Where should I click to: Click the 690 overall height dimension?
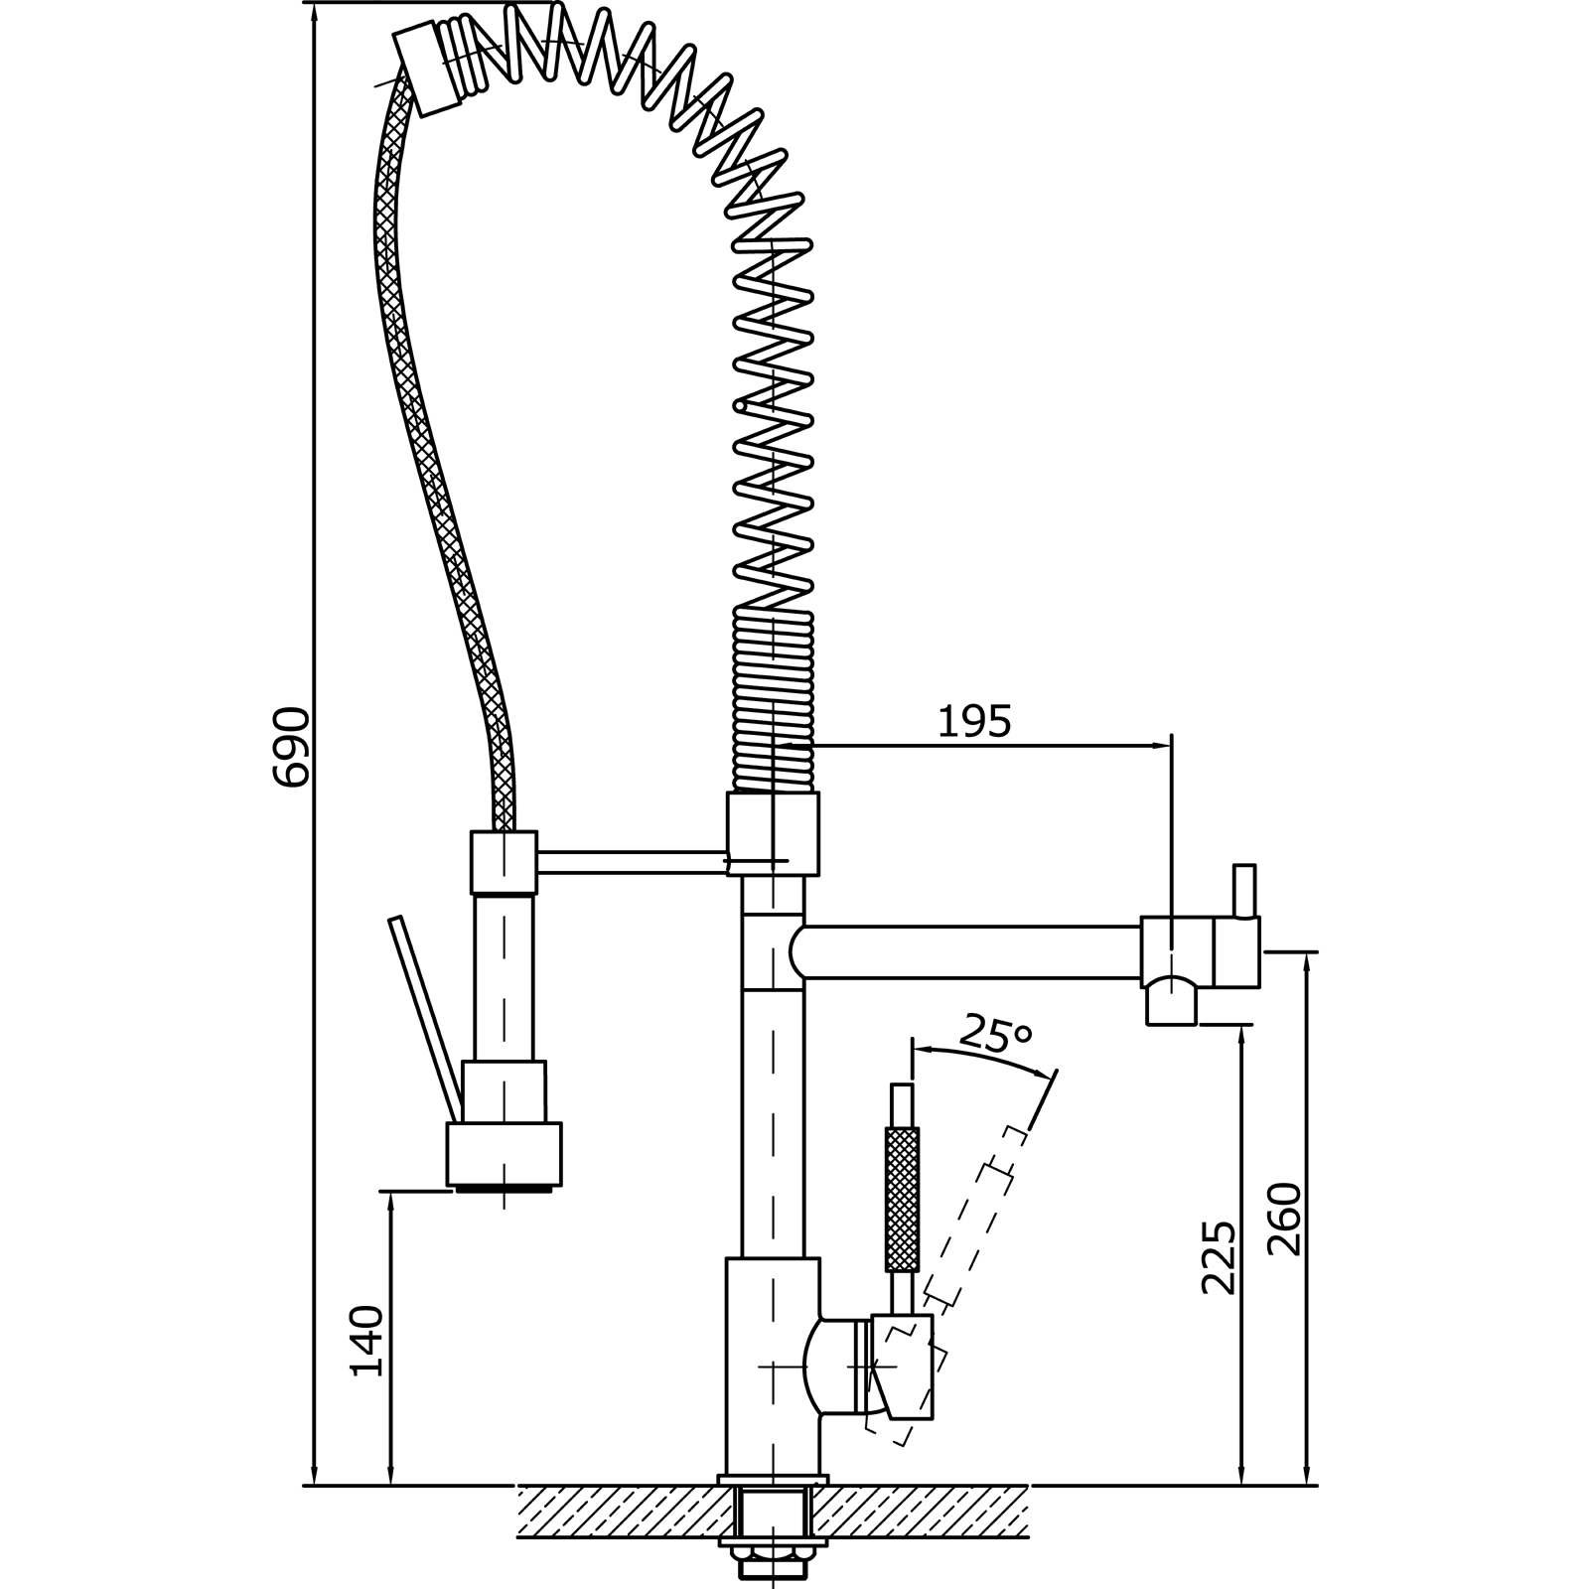pos(291,746)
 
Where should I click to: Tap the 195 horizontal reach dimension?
pos(974,722)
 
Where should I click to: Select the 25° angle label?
pos(997,1036)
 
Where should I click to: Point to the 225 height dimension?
pos(1219,1256)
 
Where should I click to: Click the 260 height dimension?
pos(1284,1219)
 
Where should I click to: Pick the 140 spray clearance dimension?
pos(367,1341)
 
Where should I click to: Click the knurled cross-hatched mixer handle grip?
pos(901,1199)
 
